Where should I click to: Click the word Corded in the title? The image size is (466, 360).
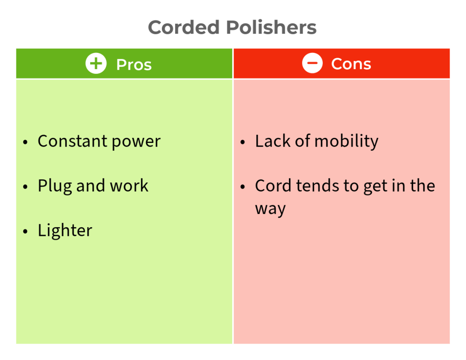[184, 27]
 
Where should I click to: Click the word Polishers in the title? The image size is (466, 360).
[271, 27]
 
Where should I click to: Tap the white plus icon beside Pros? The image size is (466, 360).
[96, 64]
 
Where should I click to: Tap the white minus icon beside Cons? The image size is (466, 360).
[312, 63]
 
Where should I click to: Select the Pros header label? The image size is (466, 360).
[134, 65]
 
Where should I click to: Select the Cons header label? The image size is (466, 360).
[351, 64]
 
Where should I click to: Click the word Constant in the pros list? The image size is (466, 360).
[72, 141]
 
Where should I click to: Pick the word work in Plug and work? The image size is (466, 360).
[129, 186]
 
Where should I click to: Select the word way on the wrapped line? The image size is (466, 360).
[270, 209]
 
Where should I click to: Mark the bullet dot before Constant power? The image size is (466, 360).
[25, 142]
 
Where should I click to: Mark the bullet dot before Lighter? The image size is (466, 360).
[25, 231]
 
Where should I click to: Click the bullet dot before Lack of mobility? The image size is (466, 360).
[243, 142]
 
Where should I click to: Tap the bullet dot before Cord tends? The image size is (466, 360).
[243, 187]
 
